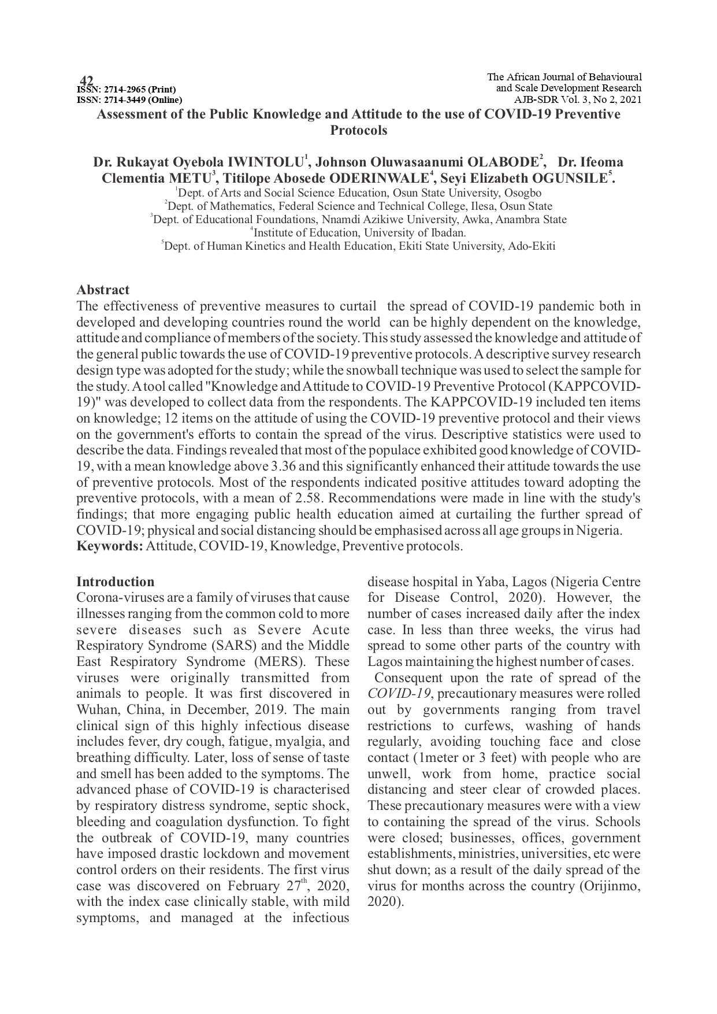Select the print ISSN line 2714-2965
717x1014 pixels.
[126, 89]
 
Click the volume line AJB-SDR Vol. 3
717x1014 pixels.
[578, 99]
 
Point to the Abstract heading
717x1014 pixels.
[103, 290]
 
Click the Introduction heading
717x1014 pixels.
[116, 582]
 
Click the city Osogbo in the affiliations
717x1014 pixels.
[522, 193]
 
